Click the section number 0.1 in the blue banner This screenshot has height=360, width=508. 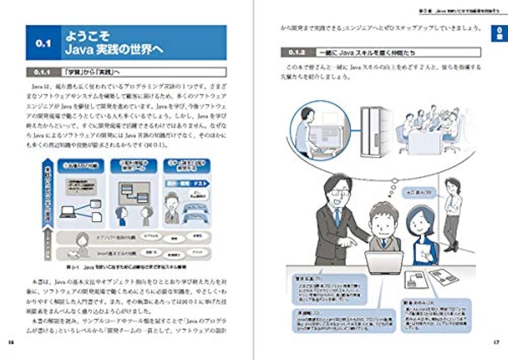coord(44,44)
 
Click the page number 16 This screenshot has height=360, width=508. coord(11,342)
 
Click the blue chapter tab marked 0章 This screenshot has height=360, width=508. coord(498,34)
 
